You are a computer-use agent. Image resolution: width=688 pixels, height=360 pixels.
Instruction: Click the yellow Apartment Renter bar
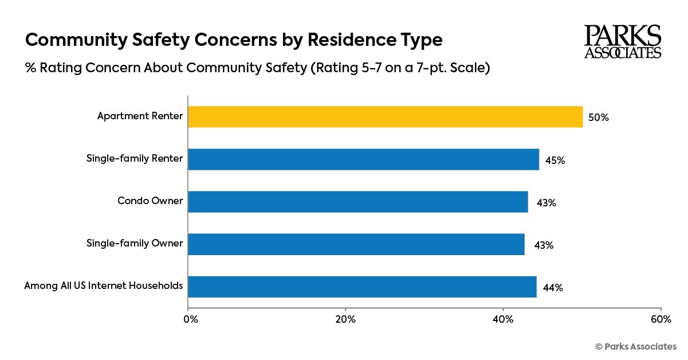click(x=385, y=117)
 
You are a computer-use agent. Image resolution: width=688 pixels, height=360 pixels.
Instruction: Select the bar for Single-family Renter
click(x=363, y=159)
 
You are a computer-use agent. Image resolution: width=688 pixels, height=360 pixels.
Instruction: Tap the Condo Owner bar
click(x=357, y=202)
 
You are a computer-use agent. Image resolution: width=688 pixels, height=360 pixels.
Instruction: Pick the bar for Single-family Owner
click(x=356, y=244)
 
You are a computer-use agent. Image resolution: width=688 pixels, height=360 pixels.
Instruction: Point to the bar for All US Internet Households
click(x=362, y=287)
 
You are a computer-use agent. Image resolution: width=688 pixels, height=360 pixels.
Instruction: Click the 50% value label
click(x=599, y=118)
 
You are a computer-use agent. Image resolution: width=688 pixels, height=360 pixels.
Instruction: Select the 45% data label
click(x=555, y=161)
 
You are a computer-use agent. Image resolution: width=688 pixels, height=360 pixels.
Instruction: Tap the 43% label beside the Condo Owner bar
click(x=546, y=203)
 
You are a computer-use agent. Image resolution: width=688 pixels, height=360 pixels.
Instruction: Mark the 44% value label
click(x=552, y=288)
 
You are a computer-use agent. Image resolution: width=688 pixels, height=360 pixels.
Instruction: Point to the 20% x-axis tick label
click(x=345, y=319)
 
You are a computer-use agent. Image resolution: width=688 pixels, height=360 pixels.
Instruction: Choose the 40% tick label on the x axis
click(x=503, y=319)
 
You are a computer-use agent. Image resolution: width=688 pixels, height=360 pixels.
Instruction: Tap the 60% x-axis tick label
click(x=661, y=319)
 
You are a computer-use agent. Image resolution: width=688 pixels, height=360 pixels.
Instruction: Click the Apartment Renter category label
click(x=140, y=116)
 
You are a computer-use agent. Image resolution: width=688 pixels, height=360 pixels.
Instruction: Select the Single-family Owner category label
click(x=135, y=243)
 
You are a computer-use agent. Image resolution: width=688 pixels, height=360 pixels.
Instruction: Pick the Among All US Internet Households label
click(x=104, y=285)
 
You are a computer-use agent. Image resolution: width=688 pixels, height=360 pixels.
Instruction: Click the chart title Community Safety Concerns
click(x=234, y=40)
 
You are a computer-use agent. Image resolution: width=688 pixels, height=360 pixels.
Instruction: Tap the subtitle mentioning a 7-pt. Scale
click(x=257, y=68)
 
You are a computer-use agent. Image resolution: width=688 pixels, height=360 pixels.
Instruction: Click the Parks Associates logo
click(x=622, y=42)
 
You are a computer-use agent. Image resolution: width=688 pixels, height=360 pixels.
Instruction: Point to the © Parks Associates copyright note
click(x=636, y=346)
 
